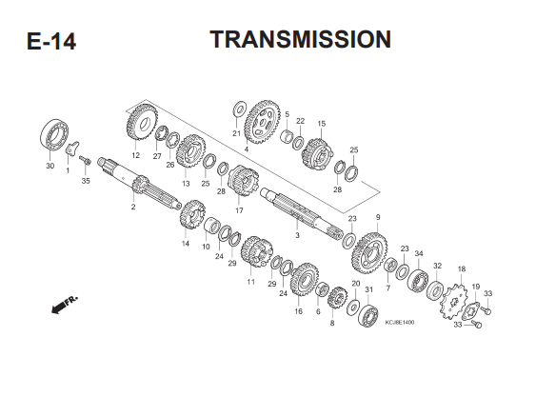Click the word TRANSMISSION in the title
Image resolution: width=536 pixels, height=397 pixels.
301,39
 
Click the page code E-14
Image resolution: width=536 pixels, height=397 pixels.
51,42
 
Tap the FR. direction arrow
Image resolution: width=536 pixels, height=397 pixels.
65,304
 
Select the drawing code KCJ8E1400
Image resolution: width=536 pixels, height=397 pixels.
399,323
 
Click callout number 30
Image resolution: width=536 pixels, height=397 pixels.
50,166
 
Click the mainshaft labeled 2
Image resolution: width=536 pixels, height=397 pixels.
139,184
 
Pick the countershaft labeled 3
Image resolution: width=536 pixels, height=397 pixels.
302,213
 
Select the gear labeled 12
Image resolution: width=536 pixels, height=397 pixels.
142,122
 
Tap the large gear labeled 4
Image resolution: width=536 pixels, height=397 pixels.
262,122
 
